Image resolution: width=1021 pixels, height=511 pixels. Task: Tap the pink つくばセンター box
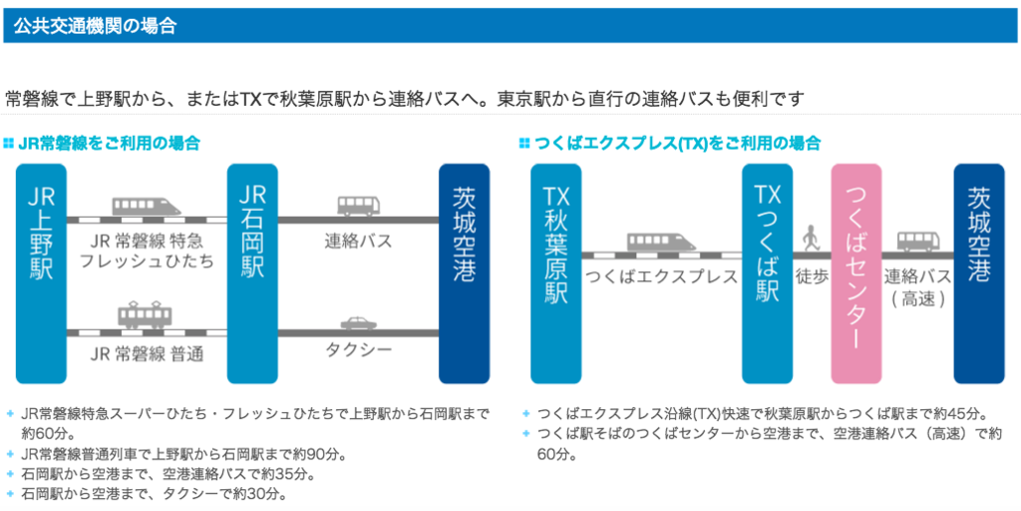[x=856, y=272]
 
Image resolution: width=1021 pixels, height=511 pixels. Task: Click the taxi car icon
[x=358, y=323]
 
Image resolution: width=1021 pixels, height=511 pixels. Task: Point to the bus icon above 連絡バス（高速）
[x=917, y=241]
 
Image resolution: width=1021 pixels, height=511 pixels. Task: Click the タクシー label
[x=358, y=350]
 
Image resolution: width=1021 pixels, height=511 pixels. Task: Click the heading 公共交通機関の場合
[x=96, y=27]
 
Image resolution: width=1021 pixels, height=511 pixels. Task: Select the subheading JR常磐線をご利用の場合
[x=109, y=144]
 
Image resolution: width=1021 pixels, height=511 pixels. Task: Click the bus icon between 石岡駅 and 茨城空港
[x=358, y=207]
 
